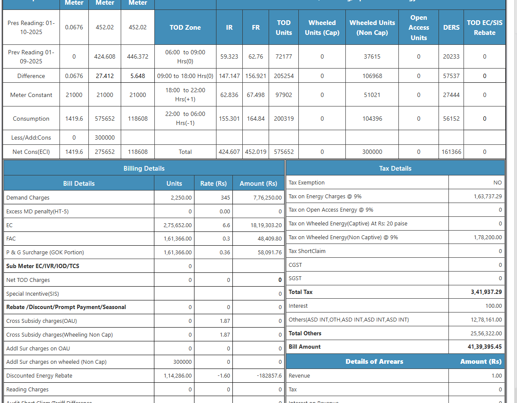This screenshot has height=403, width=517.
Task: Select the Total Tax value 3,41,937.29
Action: tap(486, 292)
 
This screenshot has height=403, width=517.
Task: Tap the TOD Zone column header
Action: tap(185, 28)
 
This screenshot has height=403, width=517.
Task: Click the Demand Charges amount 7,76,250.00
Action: tap(267, 198)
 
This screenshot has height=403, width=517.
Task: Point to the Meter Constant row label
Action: tap(31, 95)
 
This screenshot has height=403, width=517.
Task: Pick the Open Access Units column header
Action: tap(418, 28)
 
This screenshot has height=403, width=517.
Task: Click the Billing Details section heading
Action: tap(144, 169)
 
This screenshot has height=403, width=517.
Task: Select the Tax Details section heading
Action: tap(395, 169)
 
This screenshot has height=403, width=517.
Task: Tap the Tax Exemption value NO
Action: tap(497, 183)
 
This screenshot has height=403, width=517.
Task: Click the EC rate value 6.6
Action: tap(226, 225)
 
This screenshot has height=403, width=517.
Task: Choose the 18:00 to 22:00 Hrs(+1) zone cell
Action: tap(185, 95)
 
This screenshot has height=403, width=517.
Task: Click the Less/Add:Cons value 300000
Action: tap(105, 138)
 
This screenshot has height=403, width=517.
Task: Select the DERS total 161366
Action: tap(451, 152)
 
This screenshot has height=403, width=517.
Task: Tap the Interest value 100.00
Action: tap(493, 306)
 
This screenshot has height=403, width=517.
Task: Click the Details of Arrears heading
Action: tap(374, 362)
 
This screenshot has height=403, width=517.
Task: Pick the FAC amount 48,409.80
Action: tap(269, 239)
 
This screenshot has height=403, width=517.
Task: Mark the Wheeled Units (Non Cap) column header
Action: tap(372, 28)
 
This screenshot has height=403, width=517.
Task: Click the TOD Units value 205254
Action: tap(284, 76)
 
